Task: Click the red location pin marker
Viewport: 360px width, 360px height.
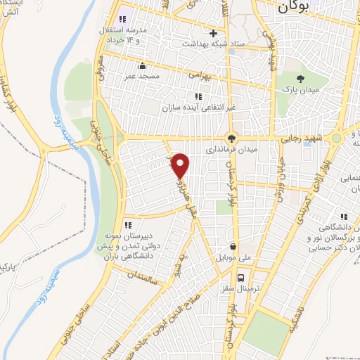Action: (x=181, y=165)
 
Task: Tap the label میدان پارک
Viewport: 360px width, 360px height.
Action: (x=301, y=91)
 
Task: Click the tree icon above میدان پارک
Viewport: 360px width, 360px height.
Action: (x=301, y=79)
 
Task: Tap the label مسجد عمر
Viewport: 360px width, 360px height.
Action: (x=143, y=75)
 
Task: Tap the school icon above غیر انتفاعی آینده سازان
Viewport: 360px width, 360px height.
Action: (x=198, y=96)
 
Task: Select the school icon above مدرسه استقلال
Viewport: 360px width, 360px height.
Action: (x=123, y=19)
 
